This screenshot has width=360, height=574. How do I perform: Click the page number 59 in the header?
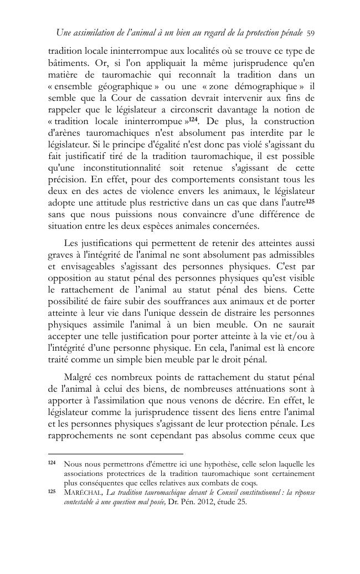point(311,34)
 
